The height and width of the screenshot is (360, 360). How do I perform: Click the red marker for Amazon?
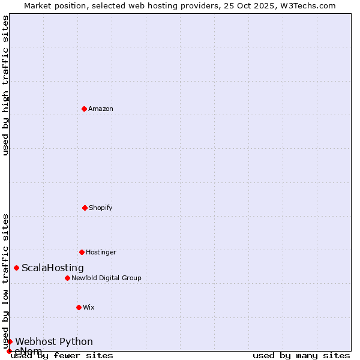point(84,109)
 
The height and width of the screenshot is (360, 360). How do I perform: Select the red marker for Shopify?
point(85,208)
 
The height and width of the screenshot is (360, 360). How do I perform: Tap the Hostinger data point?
point(82,252)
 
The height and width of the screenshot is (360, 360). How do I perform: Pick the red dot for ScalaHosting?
point(16,268)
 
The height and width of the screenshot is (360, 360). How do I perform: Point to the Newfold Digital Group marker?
point(67,278)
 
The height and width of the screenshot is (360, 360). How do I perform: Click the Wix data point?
point(79,307)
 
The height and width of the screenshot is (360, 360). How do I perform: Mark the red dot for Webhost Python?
point(10,341)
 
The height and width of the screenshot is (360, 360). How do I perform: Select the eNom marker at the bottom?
point(9,351)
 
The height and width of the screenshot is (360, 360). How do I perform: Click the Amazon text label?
point(101,109)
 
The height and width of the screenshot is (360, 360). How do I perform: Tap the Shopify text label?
point(101,208)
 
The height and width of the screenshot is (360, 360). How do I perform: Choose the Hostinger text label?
point(101,252)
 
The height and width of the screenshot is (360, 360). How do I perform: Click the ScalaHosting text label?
point(53,268)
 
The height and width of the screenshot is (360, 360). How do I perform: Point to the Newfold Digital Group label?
point(106,278)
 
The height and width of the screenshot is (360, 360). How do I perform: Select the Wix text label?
point(89,307)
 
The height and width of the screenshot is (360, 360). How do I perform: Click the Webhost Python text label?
point(54,341)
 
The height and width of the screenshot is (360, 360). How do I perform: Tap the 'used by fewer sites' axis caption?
point(62,356)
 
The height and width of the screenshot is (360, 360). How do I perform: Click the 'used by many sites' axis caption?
point(301,356)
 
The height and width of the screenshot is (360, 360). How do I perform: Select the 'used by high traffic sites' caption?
point(5,85)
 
